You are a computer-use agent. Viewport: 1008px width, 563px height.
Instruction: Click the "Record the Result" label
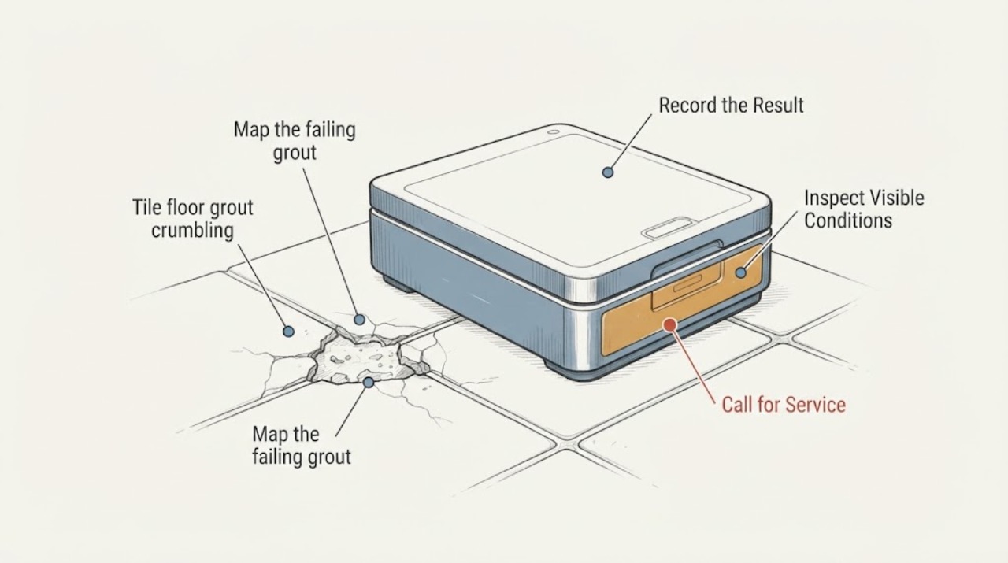(731, 106)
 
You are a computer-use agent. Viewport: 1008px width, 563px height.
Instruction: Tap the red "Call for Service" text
(784, 405)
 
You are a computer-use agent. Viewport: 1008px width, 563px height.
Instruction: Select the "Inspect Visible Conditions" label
(864, 209)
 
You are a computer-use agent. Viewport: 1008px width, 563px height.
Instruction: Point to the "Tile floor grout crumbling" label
(193, 219)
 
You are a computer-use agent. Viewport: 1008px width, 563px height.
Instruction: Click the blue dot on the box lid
(608, 172)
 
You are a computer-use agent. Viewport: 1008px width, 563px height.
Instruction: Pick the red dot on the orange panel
(670, 324)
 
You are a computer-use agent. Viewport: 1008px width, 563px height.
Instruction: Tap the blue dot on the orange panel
(741, 272)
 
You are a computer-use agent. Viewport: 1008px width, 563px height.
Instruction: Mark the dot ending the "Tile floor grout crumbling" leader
(288, 332)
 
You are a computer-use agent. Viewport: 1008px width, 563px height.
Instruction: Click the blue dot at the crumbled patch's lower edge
(369, 383)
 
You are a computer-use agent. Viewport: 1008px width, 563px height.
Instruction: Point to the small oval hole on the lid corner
(554, 132)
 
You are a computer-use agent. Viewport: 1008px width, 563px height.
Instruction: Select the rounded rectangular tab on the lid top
(669, 228)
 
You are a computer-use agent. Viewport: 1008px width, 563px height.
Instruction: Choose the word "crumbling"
(193, 231)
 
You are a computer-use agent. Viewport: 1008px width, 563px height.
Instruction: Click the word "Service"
(815, 405)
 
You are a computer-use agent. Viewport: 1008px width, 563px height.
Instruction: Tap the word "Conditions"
(848, 221)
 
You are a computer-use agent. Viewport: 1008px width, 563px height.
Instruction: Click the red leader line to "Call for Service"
(693, 365)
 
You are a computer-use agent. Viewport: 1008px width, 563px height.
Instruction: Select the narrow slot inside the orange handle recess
(687, 283)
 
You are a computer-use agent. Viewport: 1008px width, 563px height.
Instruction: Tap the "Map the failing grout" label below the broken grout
(301, 445)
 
